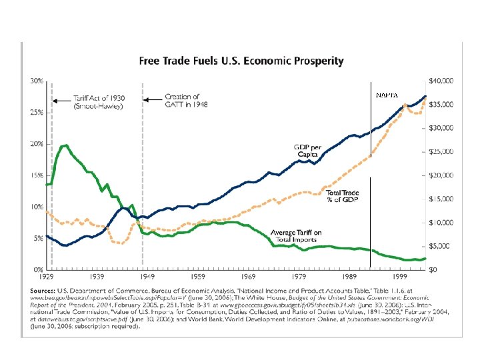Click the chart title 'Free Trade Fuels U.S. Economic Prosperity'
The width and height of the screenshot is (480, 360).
[241, 61]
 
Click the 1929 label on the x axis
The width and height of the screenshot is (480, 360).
[46, 275]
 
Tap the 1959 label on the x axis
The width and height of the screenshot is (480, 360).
[198, 275]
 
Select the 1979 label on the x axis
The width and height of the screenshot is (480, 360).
[300, 275]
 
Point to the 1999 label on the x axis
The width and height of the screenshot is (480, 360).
[401, 275]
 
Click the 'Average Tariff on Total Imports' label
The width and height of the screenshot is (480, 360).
[296, 236]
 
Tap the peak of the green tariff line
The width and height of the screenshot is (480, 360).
[65, 145]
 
